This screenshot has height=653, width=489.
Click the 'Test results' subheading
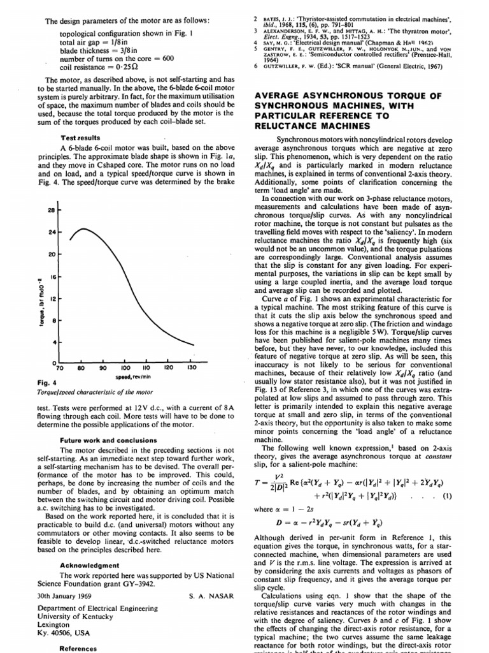pos(81,137)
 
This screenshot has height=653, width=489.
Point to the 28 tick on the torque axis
pos(50,210)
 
